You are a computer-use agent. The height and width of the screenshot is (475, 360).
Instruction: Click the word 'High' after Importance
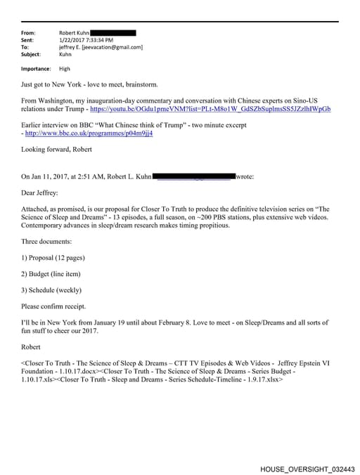tap(65, 69)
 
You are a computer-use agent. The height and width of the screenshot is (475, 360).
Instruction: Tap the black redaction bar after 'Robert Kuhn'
tap(113, 33)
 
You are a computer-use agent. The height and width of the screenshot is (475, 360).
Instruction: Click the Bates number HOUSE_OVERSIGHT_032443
tap(307, 467)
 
